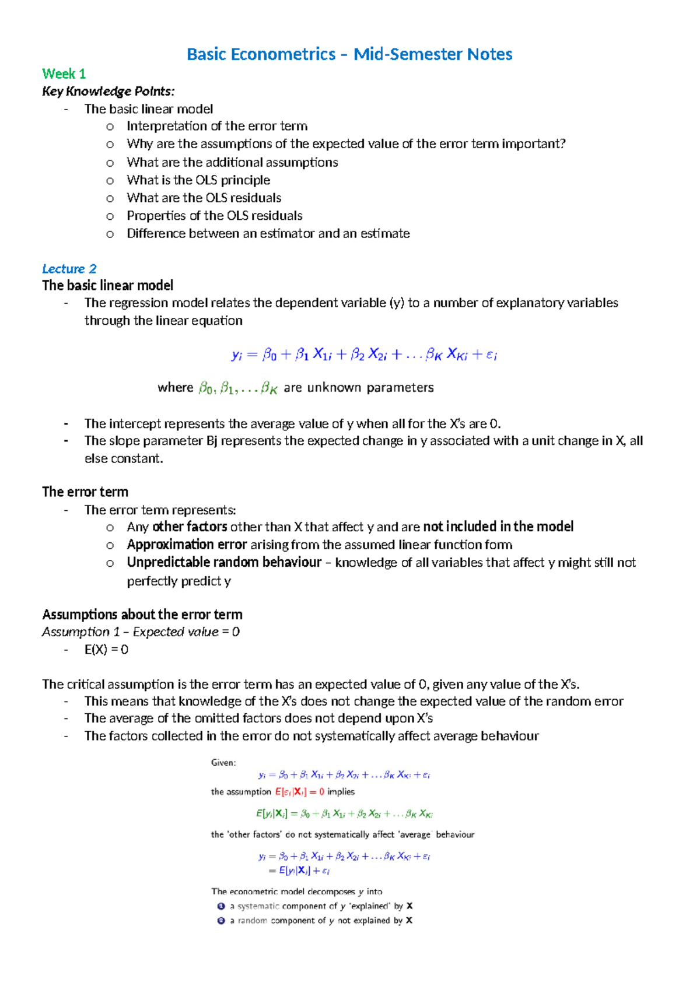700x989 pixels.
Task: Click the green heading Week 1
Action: coord(64,74)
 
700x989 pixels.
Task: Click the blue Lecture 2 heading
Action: coord(69,269)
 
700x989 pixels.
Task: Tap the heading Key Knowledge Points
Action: coord(108,92)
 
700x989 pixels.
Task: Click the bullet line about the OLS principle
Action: coord(198,180)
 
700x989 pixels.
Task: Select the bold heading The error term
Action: coord(85,492)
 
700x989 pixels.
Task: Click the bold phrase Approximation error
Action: coord(187,545)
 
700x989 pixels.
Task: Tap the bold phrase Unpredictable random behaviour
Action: coord(224,562)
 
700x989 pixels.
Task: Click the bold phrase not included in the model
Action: coord(498,527)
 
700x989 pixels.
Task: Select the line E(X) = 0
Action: coord(106,650)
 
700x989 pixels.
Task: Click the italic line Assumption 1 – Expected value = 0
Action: coord(141,632)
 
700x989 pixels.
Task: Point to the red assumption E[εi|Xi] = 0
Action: coord(299,792)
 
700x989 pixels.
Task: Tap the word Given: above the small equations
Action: coord(223,763)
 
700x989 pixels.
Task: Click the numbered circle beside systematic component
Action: coord(221,906)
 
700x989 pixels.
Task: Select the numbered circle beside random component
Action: coord(221,921)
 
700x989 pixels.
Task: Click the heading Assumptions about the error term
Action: coord(142,615)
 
